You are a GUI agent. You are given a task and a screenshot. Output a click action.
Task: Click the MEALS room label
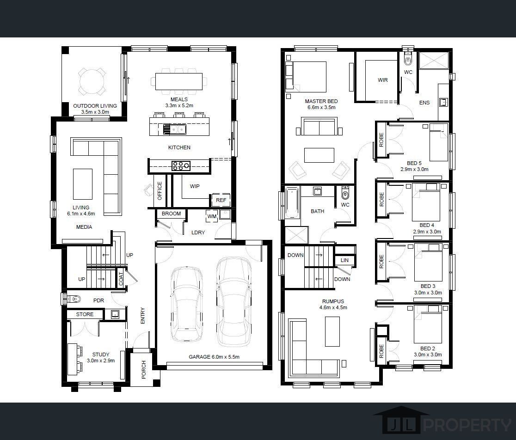179,99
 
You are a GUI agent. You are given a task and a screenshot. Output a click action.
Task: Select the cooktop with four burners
181,166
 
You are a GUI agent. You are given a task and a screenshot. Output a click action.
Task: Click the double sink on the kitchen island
175,129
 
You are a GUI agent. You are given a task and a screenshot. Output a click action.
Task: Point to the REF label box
221,200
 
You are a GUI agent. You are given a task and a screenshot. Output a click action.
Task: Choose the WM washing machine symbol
212,216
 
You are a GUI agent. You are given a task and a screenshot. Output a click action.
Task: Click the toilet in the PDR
74,299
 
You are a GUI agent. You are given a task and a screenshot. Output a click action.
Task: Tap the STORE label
85,314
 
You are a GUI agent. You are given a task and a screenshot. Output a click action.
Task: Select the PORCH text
143,370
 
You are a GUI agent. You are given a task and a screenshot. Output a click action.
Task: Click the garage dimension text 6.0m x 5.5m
224,357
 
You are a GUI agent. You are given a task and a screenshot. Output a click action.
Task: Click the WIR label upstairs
383,80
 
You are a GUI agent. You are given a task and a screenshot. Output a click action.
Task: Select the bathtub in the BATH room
292,202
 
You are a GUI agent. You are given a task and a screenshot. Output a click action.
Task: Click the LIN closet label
344,260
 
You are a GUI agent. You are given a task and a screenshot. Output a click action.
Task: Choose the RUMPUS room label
333,301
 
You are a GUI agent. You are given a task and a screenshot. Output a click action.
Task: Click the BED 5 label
414,163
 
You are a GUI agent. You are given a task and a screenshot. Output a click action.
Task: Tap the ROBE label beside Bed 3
381,262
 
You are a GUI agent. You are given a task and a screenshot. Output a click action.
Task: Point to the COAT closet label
121,279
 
